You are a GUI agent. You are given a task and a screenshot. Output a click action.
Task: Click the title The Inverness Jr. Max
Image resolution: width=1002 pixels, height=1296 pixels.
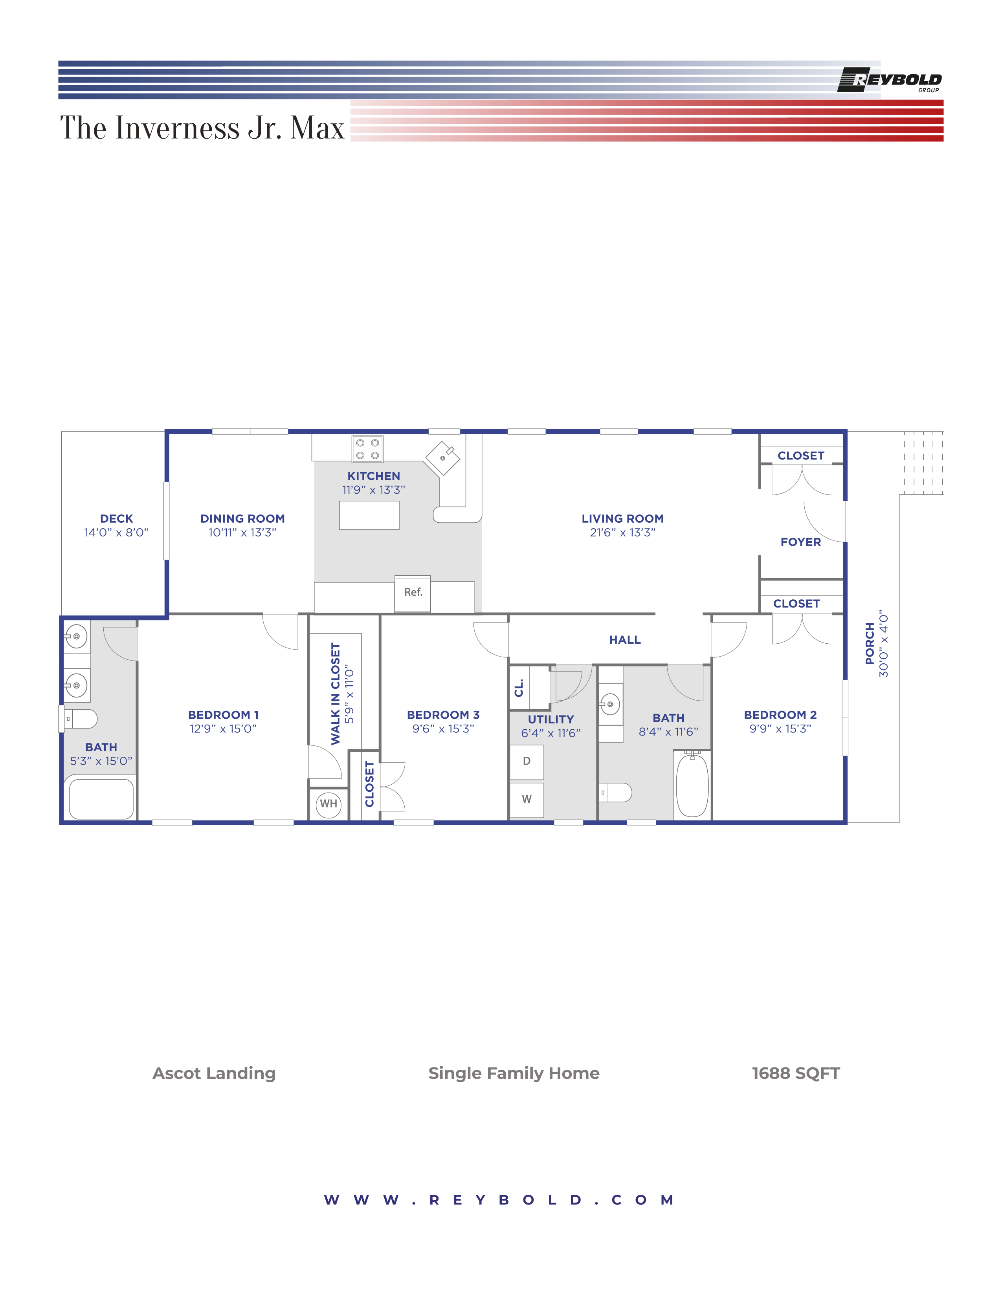[x=202, y=128]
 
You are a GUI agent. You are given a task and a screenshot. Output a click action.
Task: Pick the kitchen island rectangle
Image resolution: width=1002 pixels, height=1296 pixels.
[x=369, y=515]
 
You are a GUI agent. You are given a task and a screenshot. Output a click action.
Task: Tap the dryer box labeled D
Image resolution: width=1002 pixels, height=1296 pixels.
[x=527, y=762]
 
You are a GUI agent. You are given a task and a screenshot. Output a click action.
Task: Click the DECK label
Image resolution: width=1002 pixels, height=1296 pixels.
[x=116, y=519]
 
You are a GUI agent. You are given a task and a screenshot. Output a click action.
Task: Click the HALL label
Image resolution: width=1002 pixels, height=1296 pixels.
[x=624, y=640]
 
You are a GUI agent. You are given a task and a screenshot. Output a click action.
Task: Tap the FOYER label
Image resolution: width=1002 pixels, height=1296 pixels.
[x=800, y=542]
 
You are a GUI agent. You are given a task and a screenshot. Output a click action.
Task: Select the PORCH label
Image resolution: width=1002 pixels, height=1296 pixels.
[x=870, y=643]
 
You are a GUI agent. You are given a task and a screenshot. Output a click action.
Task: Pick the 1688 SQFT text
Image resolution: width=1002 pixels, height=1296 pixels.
[x=795, y=1073]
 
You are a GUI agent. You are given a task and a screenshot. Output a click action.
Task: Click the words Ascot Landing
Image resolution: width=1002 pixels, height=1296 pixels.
[x=214, y=1073]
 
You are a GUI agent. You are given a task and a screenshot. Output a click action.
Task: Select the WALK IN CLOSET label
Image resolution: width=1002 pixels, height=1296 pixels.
[x=336, y=694]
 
